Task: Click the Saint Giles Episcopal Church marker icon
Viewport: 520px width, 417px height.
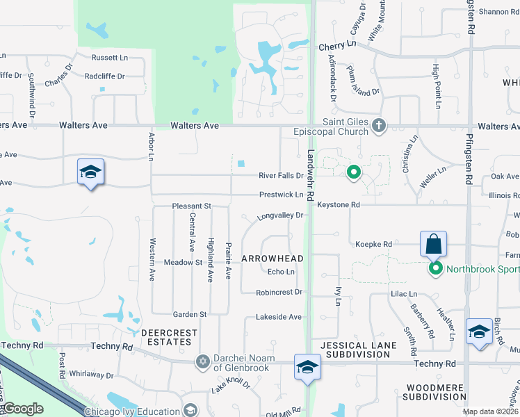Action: tap(378, 126)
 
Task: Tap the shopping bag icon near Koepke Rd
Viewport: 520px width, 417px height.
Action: tap(433, 244)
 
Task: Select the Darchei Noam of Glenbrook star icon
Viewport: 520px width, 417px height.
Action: tap(202, 361)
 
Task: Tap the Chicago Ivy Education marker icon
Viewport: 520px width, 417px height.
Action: tap(188, 411)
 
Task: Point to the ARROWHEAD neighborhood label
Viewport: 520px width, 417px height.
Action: tap(272, 259)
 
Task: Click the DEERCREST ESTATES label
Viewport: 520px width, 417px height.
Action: tap(166, 337)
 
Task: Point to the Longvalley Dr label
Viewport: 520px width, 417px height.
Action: tap(281, 216)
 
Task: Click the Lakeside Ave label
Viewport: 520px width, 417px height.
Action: tap(279, 317)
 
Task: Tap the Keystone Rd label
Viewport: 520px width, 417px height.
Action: tap(339, 205)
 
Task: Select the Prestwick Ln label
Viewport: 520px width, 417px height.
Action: tap(282, 195)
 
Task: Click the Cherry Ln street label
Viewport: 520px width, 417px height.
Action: tap(337, 44)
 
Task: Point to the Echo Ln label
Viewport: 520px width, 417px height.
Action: tap(281, 272)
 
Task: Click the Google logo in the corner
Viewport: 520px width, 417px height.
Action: tap(23, 409)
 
